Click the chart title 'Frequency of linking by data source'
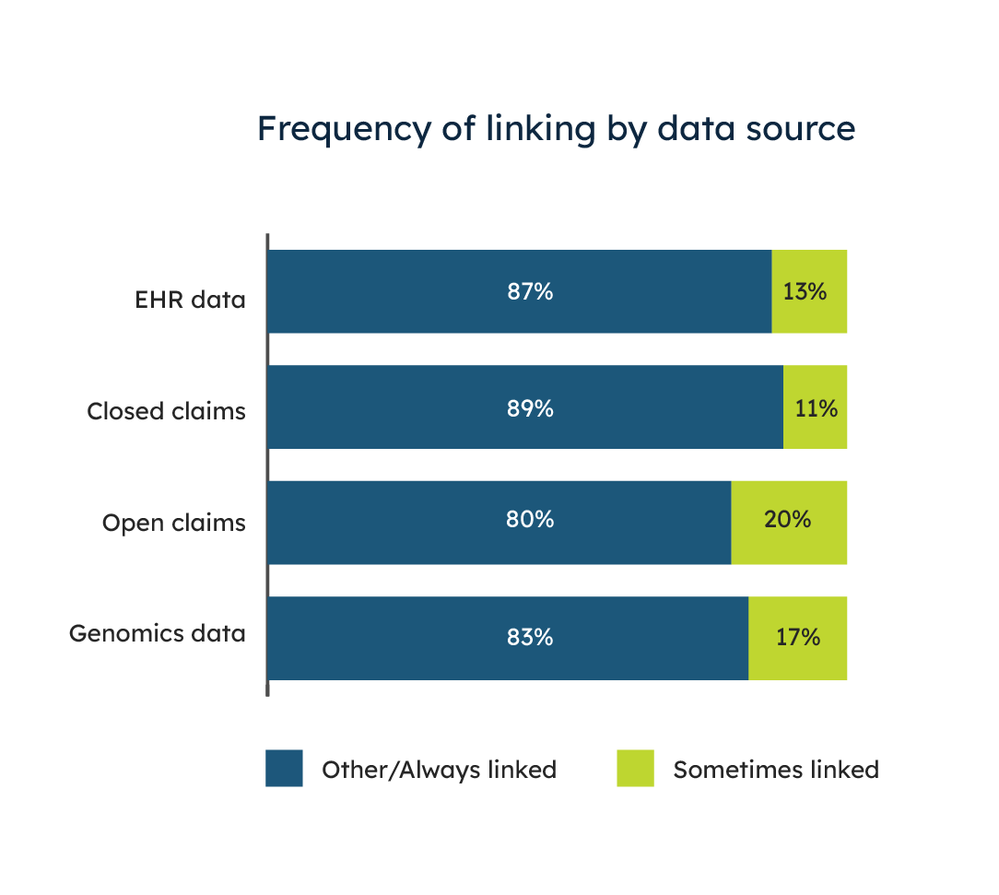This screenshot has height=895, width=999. [x=557, y=129]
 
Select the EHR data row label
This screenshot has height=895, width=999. [x=190, y=300]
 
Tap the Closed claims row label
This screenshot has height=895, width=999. [x=166, y=411]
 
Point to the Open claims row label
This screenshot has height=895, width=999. [x=174, y=523]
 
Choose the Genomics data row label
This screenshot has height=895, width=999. [x=158, y=633]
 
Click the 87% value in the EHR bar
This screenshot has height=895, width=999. [x=530, y=291]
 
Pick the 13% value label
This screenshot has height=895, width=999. [x=805, y=291]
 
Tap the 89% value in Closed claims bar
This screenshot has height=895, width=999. [x=530, y=407]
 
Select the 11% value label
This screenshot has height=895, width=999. [x=817, y=407]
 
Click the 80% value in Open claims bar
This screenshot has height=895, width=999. [x=530, y=519]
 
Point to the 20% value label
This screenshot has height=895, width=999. [x=787, y=519]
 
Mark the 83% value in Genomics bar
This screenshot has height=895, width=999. [x=530, y=637]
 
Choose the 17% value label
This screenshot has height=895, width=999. [x=798, y=637]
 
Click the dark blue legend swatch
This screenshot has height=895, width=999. [x=284, y=768]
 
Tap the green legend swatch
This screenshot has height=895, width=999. [x=635, y=768]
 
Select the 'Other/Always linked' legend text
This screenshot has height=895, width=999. [x=439, y=770]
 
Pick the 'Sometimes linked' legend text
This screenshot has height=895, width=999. [x=776, y=770]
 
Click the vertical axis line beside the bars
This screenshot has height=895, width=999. [x=267, y=465]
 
